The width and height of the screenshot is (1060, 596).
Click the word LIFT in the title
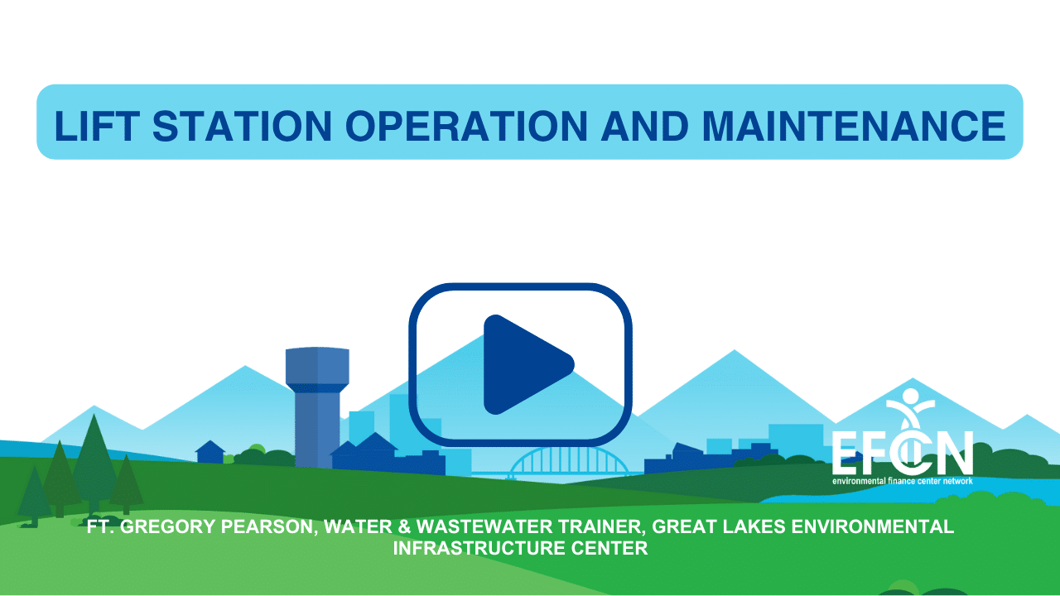pos(97,126)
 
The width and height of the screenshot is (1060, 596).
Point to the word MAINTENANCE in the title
pos(854,126)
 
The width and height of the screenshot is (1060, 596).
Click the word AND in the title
pos(645,126)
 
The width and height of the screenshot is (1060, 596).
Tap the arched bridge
pos(568,461)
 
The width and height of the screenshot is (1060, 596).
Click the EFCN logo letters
pos(903,452)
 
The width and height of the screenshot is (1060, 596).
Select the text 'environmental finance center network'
pos(903,481)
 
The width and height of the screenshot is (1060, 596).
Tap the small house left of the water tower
pos(210,452)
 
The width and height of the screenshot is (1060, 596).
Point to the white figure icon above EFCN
pos(910,409)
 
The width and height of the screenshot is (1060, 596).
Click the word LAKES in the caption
pos(753,527)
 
